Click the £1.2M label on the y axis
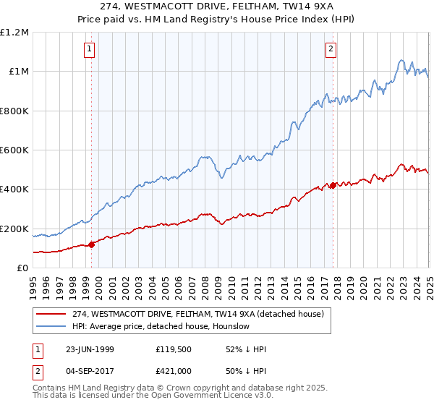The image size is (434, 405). click(x=14, y=32)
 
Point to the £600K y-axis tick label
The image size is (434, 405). click(x=14, y=150)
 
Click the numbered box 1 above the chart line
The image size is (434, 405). click(x=89, y=49)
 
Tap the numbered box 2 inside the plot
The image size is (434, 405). click(x=331, y=49)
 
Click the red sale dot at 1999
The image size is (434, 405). click(x=92, y=244)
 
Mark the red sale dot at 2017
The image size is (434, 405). click(x=332, y=185)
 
